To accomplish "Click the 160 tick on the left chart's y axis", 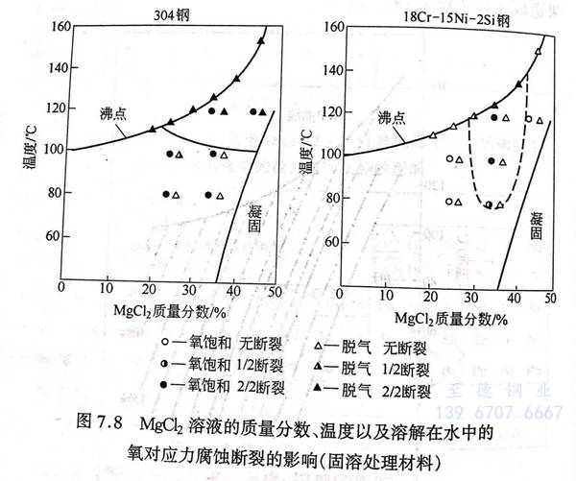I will click(x=46, y=27).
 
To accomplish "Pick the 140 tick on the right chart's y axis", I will click(x=329, y=69).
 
